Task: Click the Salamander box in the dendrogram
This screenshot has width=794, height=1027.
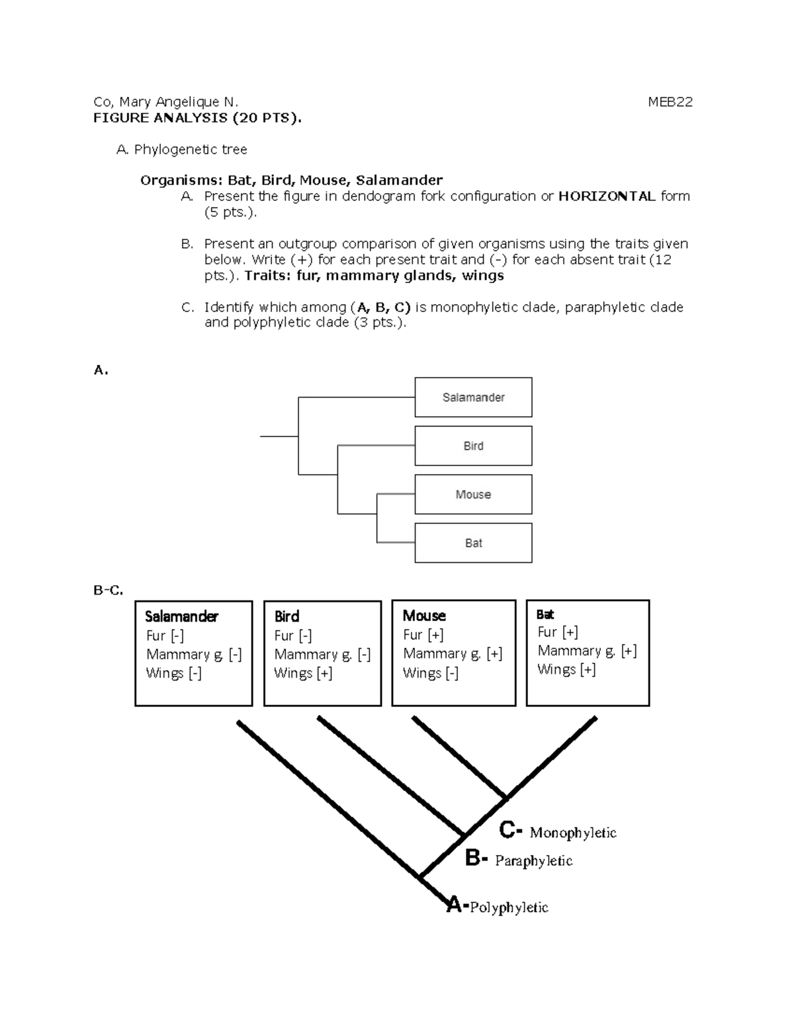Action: [473, 397]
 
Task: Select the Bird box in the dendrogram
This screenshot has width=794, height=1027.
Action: [473, 446]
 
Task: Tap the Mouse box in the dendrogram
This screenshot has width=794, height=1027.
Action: [473, 495]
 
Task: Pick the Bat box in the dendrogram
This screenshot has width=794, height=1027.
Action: [473, 543]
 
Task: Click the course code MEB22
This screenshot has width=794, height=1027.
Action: [670, 102]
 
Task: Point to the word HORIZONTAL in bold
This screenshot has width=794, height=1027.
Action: [607, 196]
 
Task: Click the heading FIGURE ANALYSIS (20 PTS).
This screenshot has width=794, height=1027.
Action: [197, 118]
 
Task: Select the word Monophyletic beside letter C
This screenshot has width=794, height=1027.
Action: [573, 833]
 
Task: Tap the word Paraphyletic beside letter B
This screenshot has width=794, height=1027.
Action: [533, 861]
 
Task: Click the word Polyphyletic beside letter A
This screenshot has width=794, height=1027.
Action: [509, 907]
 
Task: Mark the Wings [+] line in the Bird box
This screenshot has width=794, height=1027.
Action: [303, 673]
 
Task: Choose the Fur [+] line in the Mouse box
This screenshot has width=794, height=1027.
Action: [423, 635]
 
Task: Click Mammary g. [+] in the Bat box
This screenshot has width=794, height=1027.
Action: [587, 651]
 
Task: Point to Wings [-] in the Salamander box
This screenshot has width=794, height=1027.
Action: [173, 673]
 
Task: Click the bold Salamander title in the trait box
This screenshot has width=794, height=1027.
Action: [181, 616]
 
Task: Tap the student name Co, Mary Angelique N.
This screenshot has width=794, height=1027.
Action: [165, 102]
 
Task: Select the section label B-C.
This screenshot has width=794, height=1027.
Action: [109, 590]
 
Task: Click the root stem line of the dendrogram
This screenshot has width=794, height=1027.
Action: [279, 436]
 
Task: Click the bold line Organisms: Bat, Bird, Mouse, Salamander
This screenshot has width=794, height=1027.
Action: [291, 180]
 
